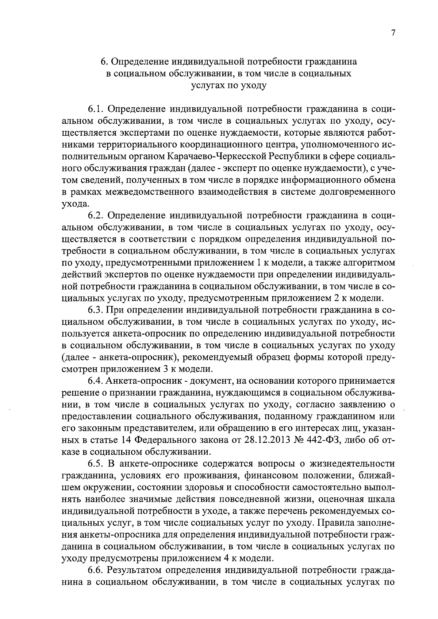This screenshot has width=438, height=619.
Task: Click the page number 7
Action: point(393,33)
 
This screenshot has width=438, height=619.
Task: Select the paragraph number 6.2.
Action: point(96,216)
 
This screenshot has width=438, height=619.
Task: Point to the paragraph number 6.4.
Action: point(96,381)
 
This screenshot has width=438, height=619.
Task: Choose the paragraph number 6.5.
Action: point(96,464)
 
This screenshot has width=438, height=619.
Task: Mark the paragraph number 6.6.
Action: point(96,570)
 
